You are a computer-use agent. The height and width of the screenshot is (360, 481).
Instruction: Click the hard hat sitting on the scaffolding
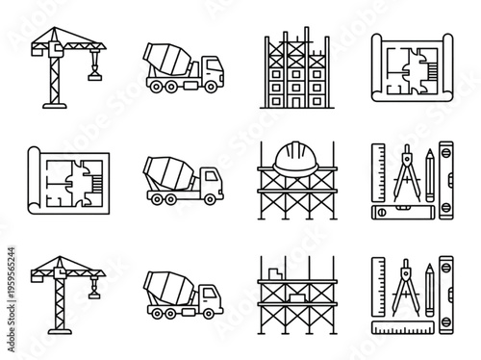293,157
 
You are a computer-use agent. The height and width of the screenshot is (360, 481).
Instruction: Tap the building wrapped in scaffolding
293,72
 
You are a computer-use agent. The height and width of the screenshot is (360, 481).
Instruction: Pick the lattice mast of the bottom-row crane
48,294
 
